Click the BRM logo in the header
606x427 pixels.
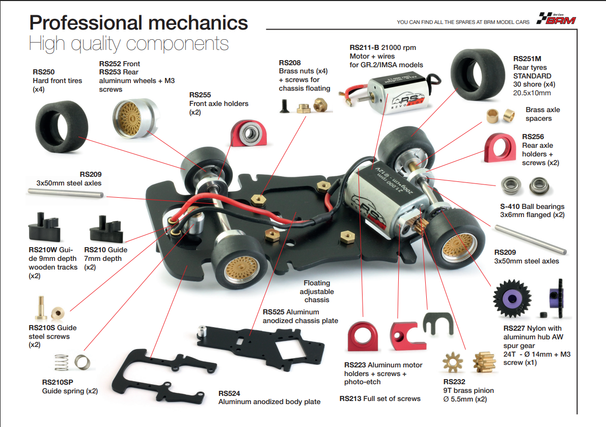pyautogui.click(x=556, y=18)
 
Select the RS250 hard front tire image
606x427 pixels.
pyautogui.click(x=62, y=127)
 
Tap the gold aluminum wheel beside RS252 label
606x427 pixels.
pyautogui.click(x=134, y=118)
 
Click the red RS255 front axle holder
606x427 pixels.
pyautogui.click(x=249, y=133)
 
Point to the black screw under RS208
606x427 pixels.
pyautogui.click(x=285, y=105)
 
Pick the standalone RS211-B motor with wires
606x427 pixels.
pyautogui.click(x=390, y=93)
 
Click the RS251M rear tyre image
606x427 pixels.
pyautogui.click(x=478, y=74)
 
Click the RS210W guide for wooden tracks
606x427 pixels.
pyautogui.click(x=44, y=227)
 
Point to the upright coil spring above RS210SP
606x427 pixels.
pyautogui.click(x=61, y=363)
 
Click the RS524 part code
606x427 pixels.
pyautogui.click(x=229, y=393)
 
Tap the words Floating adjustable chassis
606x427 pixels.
pyautogui.click(x=317, y=291)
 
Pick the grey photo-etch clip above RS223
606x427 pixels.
pyautogui.click(x=438, y=323)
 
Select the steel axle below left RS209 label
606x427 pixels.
pyautogui.click(x=66, y=193)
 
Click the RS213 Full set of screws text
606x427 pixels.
pyautogui.click(x=380, y=399)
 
